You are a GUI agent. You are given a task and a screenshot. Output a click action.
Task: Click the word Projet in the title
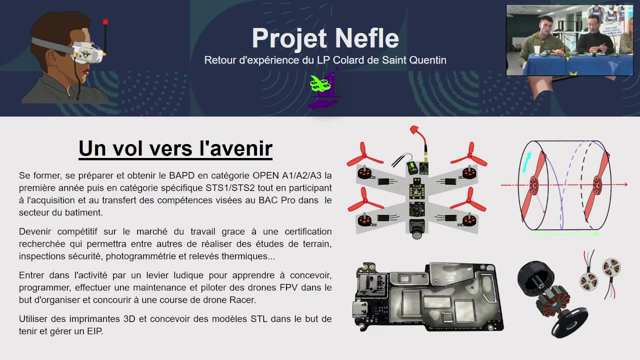pos(288,38)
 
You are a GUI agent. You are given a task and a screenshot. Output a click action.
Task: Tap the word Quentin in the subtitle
pos(423,61)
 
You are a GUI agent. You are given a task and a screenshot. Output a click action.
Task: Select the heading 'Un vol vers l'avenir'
pos(175,148)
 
